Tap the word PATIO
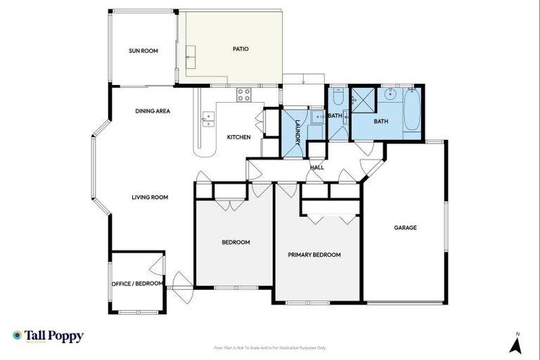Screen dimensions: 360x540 pos(241,49)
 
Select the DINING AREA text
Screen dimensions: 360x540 pos(153,111)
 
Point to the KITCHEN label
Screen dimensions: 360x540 pos(238,136)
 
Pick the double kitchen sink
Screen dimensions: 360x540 pos(207,119)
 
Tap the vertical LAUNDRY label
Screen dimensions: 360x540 pos(297,131)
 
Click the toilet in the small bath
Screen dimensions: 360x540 pos(337,91)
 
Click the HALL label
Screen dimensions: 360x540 pos(317,167)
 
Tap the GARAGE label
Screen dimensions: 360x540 pos(405,228)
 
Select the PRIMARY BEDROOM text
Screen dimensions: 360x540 pos(314,255)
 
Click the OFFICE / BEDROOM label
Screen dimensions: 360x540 pos(137,284)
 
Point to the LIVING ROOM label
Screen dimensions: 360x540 pos(150,198)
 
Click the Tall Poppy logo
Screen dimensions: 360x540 pos(48,336)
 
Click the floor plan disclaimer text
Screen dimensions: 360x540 pos(270,347)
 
